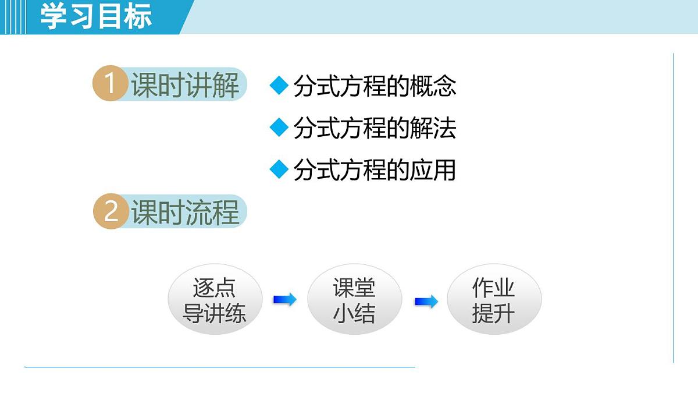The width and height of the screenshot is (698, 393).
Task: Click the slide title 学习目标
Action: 96,16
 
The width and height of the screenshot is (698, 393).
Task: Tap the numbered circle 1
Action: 110,84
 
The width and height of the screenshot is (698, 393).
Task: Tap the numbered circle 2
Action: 110,212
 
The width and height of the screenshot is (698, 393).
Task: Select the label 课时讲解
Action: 185,86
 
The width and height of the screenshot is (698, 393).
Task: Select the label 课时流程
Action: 185,213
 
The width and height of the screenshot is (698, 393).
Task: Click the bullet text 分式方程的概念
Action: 375,86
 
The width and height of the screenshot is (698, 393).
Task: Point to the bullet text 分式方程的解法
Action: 375,128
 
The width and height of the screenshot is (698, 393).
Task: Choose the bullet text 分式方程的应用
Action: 375,170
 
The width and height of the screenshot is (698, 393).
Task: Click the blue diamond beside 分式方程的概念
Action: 279,86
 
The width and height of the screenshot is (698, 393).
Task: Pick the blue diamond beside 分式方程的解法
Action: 279,128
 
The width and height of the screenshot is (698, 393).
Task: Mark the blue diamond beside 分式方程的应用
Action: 279,169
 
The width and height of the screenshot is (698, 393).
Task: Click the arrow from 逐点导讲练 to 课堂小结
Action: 284,299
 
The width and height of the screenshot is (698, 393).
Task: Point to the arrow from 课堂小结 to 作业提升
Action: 426,302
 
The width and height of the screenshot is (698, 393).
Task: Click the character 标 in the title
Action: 138,16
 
